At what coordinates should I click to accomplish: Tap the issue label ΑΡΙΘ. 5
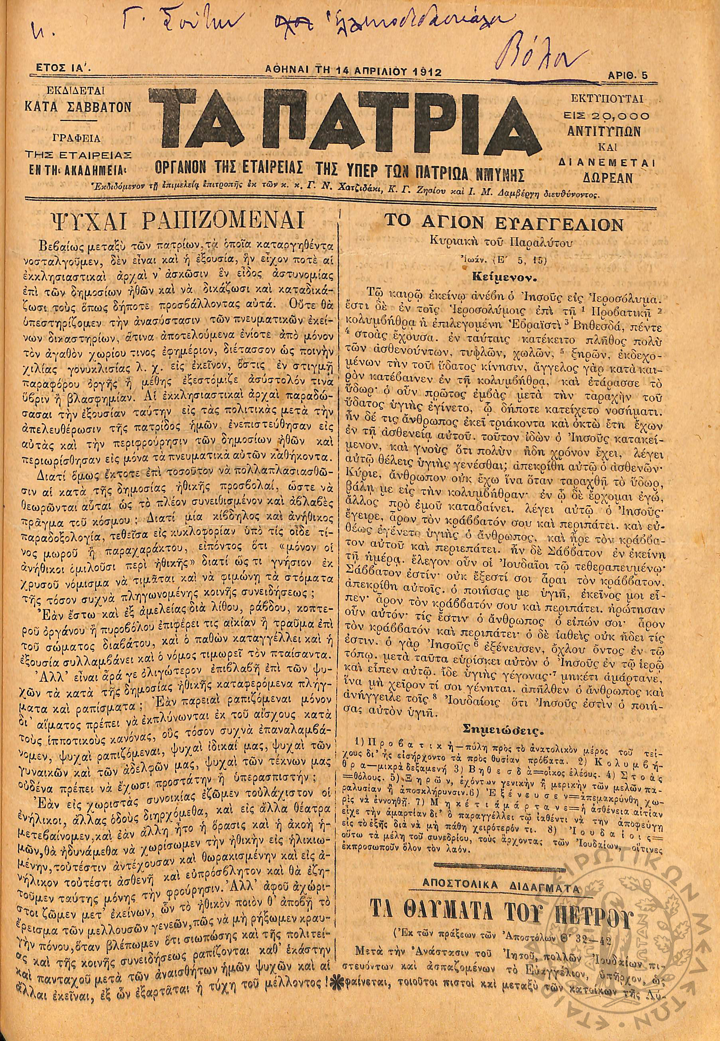coord(627,76)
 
